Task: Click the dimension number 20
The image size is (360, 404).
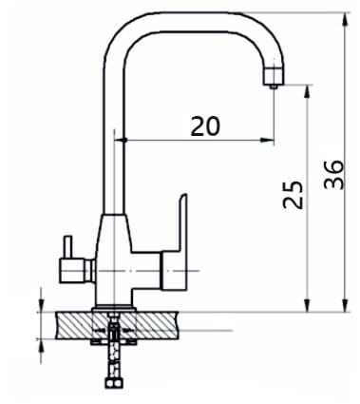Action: [205, 126]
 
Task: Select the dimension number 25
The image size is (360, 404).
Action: [293, 195]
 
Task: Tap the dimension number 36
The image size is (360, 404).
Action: [333, 175]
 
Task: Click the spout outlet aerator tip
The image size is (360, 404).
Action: [274, 87]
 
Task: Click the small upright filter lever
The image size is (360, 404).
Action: [68, 247]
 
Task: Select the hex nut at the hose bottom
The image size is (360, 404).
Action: [114, 383]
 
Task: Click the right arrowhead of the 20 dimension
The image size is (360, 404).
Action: [267, 140]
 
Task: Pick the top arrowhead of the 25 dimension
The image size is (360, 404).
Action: [307, 92]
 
